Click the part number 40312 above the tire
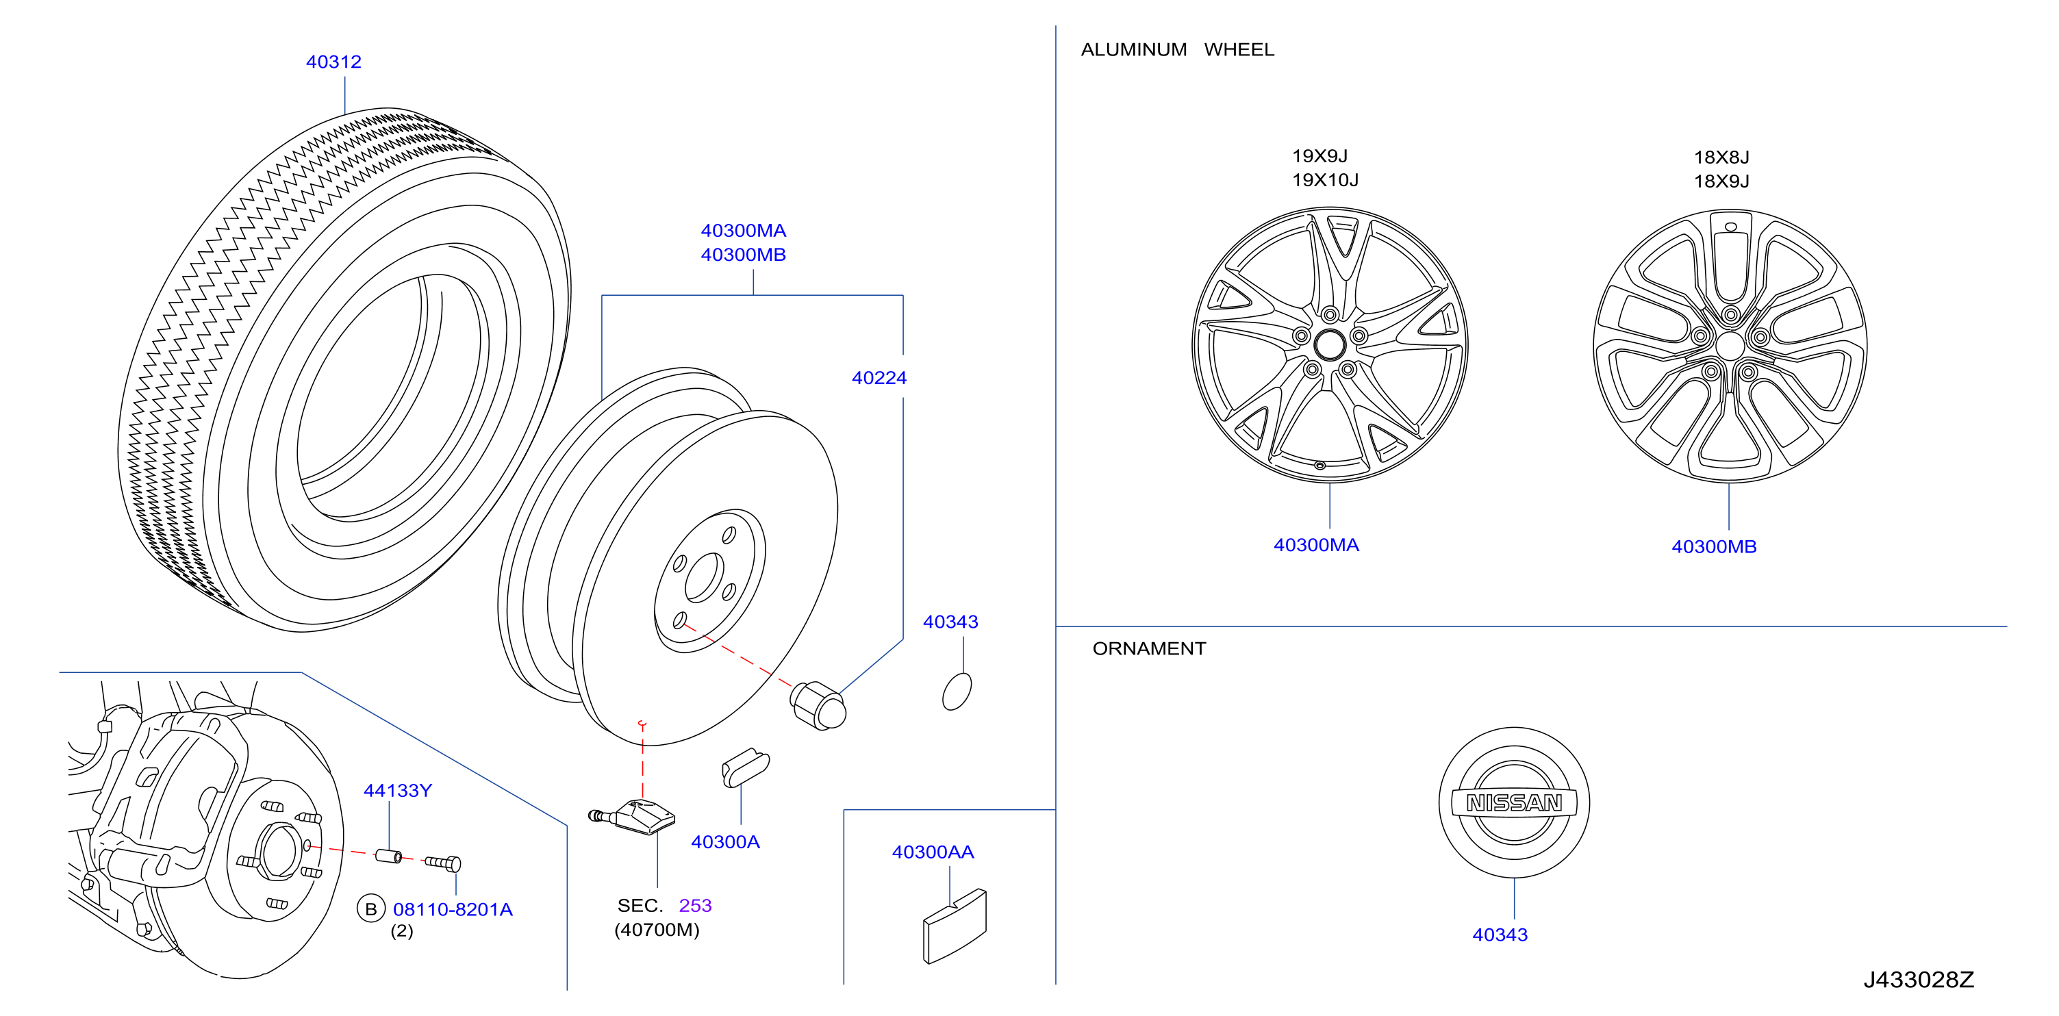[333, 62]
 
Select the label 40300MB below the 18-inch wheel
[1714, 547]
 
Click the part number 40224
[879, 378]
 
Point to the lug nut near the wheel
[818, 704]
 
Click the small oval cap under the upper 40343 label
[957, 691]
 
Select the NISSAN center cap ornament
[1514, 802]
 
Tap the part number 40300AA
[933, 852]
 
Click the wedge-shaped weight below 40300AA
[955, 926]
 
